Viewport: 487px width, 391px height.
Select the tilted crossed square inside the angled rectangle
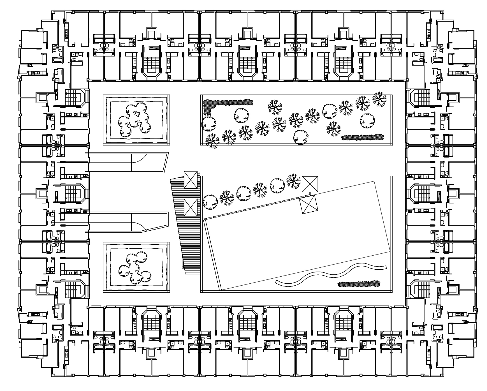(x=308, y=205)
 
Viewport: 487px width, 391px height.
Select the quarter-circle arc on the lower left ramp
(x=138, y=226)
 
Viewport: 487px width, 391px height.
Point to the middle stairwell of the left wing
(x=74, y=194)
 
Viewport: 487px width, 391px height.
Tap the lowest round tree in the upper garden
(x=301, y=137)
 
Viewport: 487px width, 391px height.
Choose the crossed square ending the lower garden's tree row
(x=310, y=184)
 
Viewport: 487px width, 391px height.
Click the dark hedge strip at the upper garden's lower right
(x=362, y=137)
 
